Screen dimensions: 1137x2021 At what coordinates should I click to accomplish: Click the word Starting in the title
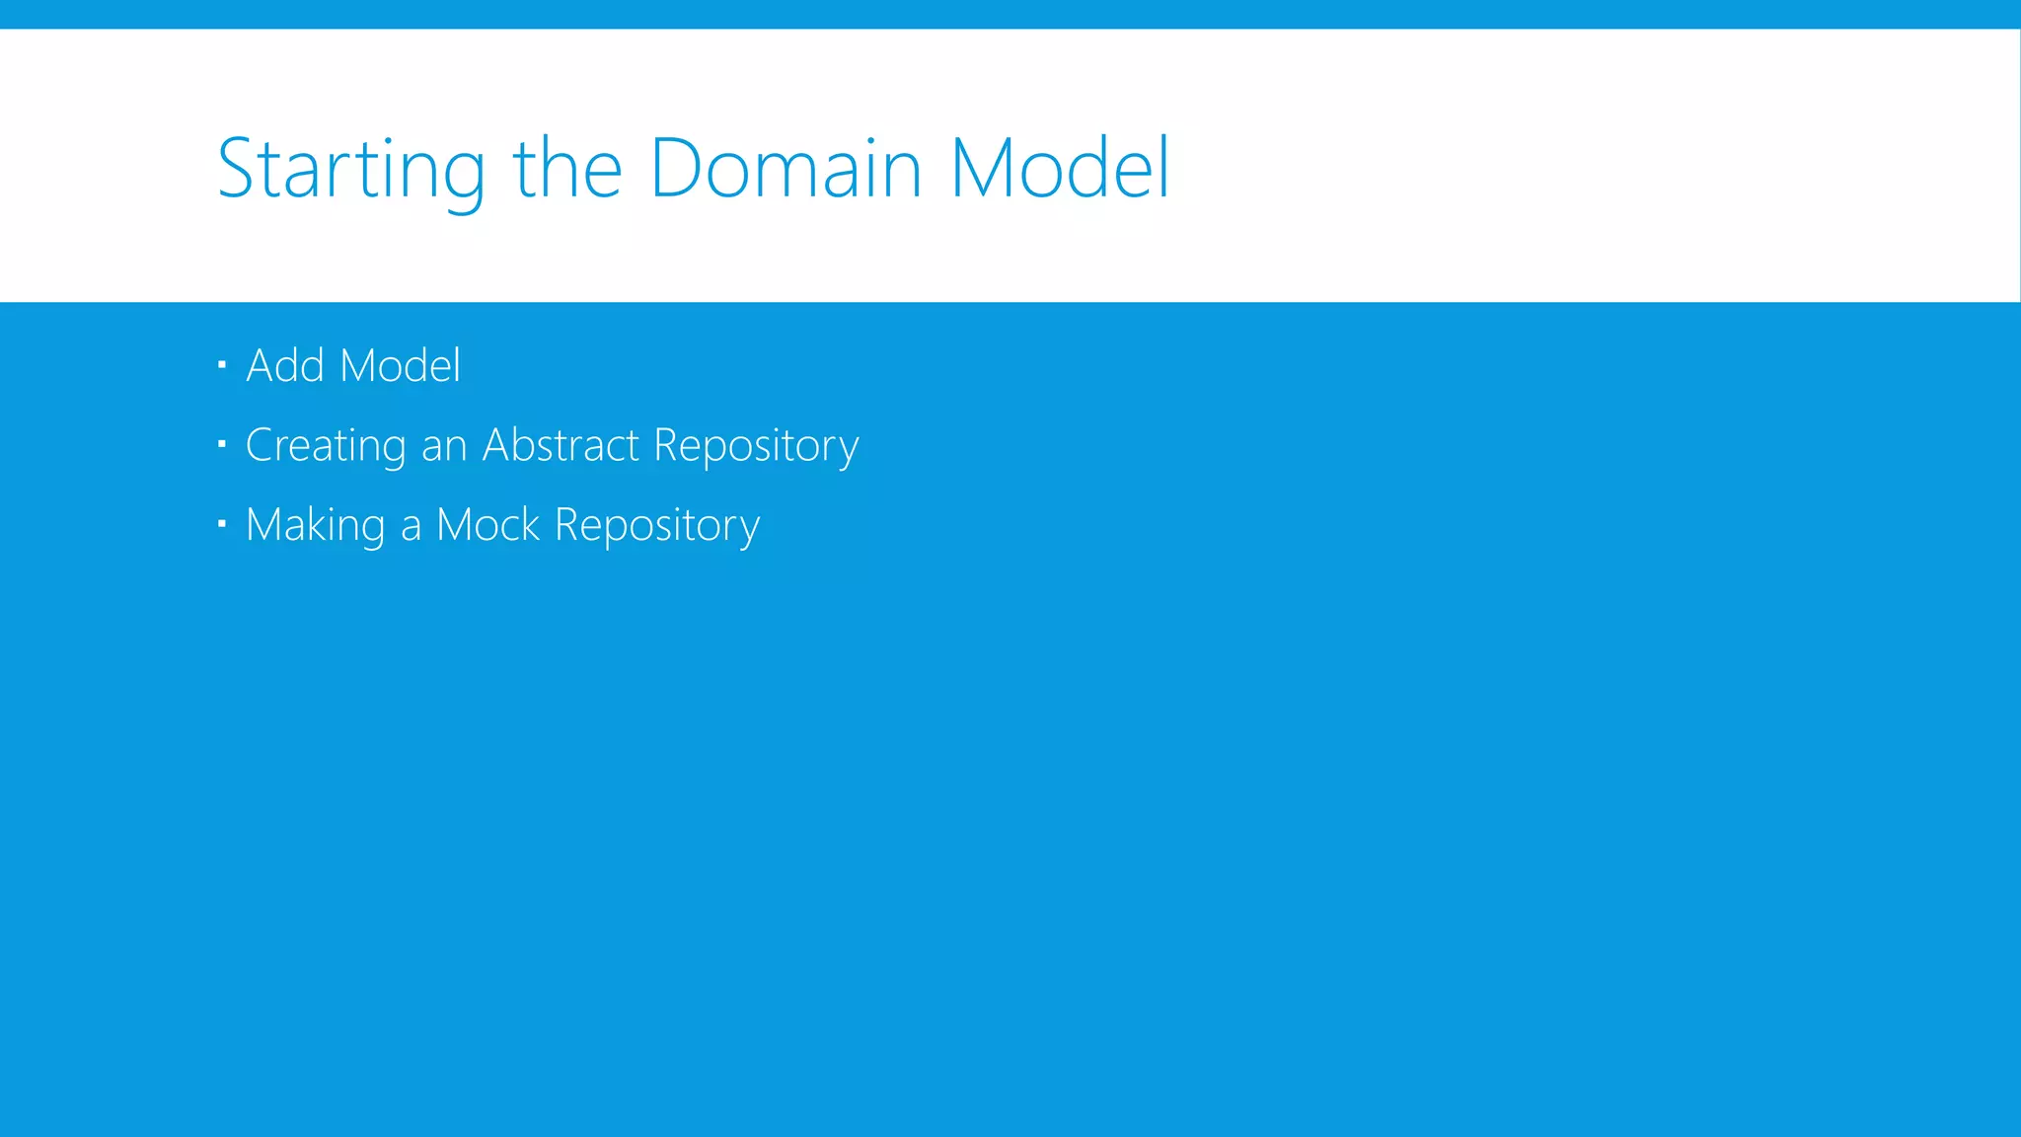point(350,170)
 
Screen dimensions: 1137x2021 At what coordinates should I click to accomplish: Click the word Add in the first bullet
point(285,365)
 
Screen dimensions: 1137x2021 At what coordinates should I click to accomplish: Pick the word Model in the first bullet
point(400,365)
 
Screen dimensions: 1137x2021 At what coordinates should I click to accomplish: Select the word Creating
point(326,446)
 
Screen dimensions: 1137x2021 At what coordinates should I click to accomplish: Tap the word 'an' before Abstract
point(444,446)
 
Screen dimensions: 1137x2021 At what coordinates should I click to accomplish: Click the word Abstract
point(561,445)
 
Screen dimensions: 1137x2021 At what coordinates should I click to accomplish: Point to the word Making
point(315,526)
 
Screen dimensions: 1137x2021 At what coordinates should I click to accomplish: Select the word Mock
point(488,525)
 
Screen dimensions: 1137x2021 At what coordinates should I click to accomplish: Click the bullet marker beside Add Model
point(222,365)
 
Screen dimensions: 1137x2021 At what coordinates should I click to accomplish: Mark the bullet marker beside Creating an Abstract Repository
point(222,444)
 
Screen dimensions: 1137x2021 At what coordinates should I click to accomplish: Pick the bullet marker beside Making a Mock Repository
point(222,524)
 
